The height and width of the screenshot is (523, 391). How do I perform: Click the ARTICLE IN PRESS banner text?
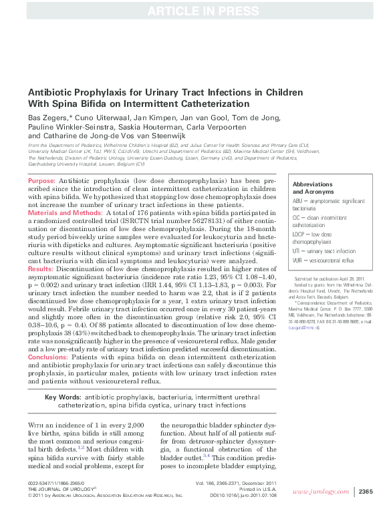(x=195, y=10)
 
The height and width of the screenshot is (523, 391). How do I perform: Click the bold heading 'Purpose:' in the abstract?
(x=41, y=182)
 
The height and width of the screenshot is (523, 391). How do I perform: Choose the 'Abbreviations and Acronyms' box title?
(x=313, y=188)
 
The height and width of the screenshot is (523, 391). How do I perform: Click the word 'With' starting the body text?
(x=39, y=425)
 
